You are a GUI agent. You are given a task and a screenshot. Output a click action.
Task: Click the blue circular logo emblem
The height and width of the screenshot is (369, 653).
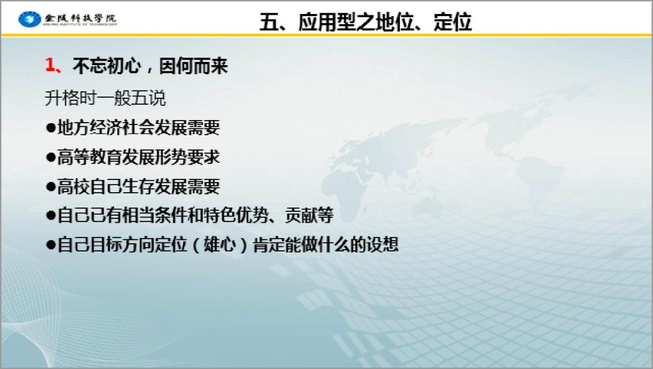[29, 19]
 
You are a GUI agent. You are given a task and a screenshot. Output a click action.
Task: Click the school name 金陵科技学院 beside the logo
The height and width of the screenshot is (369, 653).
[80, 19]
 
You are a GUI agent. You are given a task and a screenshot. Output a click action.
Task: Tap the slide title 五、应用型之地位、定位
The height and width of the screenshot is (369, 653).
[365, 22]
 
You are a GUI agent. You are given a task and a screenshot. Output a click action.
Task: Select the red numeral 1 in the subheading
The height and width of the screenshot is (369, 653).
[50, 66]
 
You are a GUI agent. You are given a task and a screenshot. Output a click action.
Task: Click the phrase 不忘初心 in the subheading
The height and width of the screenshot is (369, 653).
[106, 66]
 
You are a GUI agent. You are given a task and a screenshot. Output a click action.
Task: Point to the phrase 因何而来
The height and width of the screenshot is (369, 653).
[193, 66]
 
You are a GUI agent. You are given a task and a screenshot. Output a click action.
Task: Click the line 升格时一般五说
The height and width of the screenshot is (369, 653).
[105, 98]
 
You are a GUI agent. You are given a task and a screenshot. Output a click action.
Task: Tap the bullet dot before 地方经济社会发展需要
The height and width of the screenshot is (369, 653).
[51, 128]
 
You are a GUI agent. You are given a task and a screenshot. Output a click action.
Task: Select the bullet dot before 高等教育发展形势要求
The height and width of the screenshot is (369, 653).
[51, 157]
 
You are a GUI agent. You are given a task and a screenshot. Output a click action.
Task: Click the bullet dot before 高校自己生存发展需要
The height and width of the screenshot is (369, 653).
[51, 186]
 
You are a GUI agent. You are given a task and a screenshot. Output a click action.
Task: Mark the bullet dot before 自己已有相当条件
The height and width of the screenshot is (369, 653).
[51, 216]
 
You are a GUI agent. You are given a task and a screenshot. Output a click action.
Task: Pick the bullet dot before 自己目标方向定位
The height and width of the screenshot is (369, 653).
[51, 245]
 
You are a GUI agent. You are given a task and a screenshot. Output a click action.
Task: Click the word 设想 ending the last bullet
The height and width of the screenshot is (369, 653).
[382, 245]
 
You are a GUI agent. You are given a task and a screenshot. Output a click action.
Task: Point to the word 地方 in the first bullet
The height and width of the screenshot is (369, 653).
[73, 128]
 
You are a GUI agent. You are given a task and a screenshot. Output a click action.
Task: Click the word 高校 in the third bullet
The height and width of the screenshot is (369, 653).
[73, 186]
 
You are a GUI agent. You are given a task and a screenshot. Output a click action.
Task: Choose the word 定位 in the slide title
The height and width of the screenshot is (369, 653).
[452, 22]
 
